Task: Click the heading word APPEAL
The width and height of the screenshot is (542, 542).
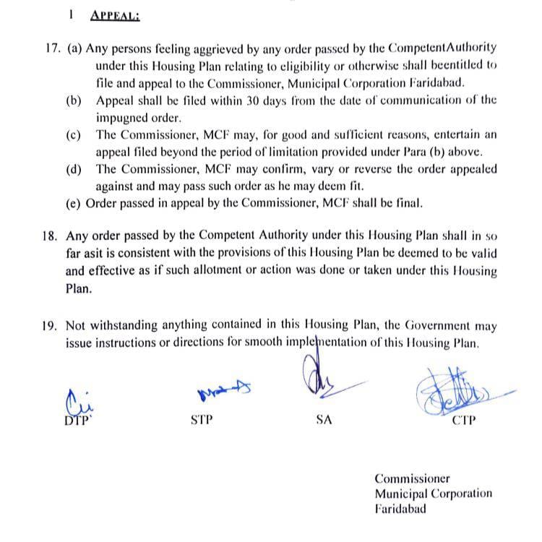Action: click(x=116, y=14)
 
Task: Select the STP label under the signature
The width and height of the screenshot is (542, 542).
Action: click(x=202, y=420)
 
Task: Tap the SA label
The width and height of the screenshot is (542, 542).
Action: click(x=324, y=420)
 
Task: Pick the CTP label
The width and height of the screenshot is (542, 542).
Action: click(x=463, y=420)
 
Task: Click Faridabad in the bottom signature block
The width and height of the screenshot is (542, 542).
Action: click(x=400, y=508)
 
